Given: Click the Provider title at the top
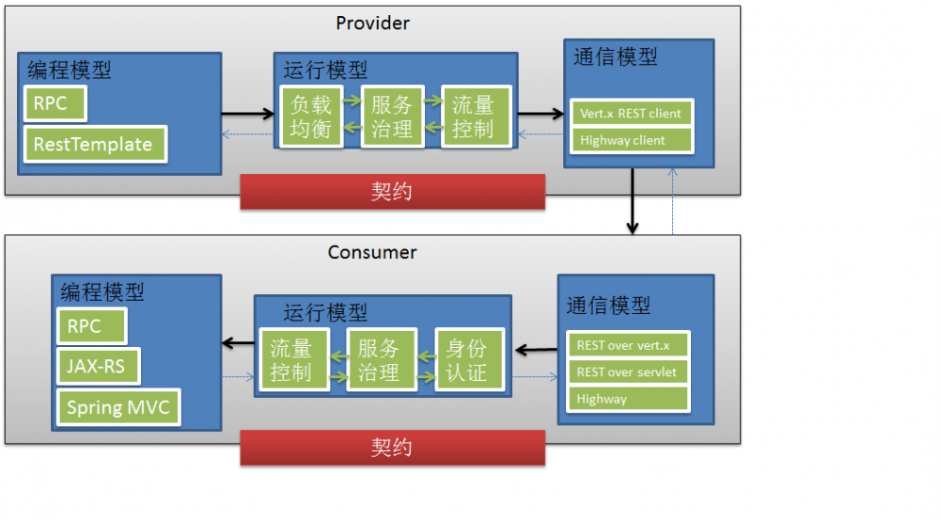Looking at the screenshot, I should coord(372,23).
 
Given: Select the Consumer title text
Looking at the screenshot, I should coord(372,252).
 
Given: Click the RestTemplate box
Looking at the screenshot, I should coord(94,145).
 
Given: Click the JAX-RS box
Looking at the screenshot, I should coord(97,367).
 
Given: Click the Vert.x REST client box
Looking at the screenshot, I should coord(631,113).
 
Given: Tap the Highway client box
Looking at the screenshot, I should coord(631,140).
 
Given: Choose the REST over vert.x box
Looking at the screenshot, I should coord(627,345).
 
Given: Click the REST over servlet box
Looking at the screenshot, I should coord(627,371).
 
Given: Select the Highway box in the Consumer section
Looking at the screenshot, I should coord(627,399).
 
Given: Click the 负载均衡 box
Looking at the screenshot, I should coord(310,117).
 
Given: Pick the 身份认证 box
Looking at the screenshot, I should coord(467,359).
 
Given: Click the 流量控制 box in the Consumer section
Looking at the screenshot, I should coord(291,359).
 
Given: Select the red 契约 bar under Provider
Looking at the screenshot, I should coord(392,192).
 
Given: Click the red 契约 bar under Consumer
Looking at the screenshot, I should coord(392,448).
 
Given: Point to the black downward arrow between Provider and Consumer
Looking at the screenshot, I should coord(633,201).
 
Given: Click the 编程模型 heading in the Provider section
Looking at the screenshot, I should coord(69,70).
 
